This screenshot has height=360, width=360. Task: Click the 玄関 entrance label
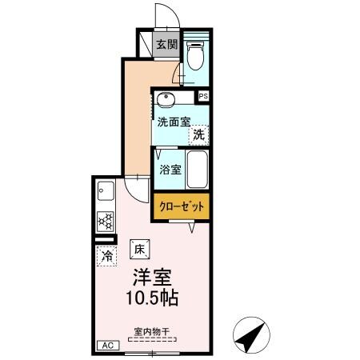point(166,44)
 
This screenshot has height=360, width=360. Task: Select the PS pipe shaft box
point(204,96)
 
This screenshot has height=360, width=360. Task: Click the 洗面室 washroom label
point(173,122)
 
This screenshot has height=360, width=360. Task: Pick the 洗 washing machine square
point(197,136)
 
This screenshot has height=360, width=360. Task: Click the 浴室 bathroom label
point(169,170)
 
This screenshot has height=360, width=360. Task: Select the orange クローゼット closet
point(182,206)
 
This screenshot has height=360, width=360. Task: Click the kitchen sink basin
point(105,192)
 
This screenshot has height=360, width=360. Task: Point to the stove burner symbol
point(105,219)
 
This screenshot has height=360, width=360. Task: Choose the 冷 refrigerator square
point(106,257)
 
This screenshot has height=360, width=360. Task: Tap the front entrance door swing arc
point(164,16)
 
